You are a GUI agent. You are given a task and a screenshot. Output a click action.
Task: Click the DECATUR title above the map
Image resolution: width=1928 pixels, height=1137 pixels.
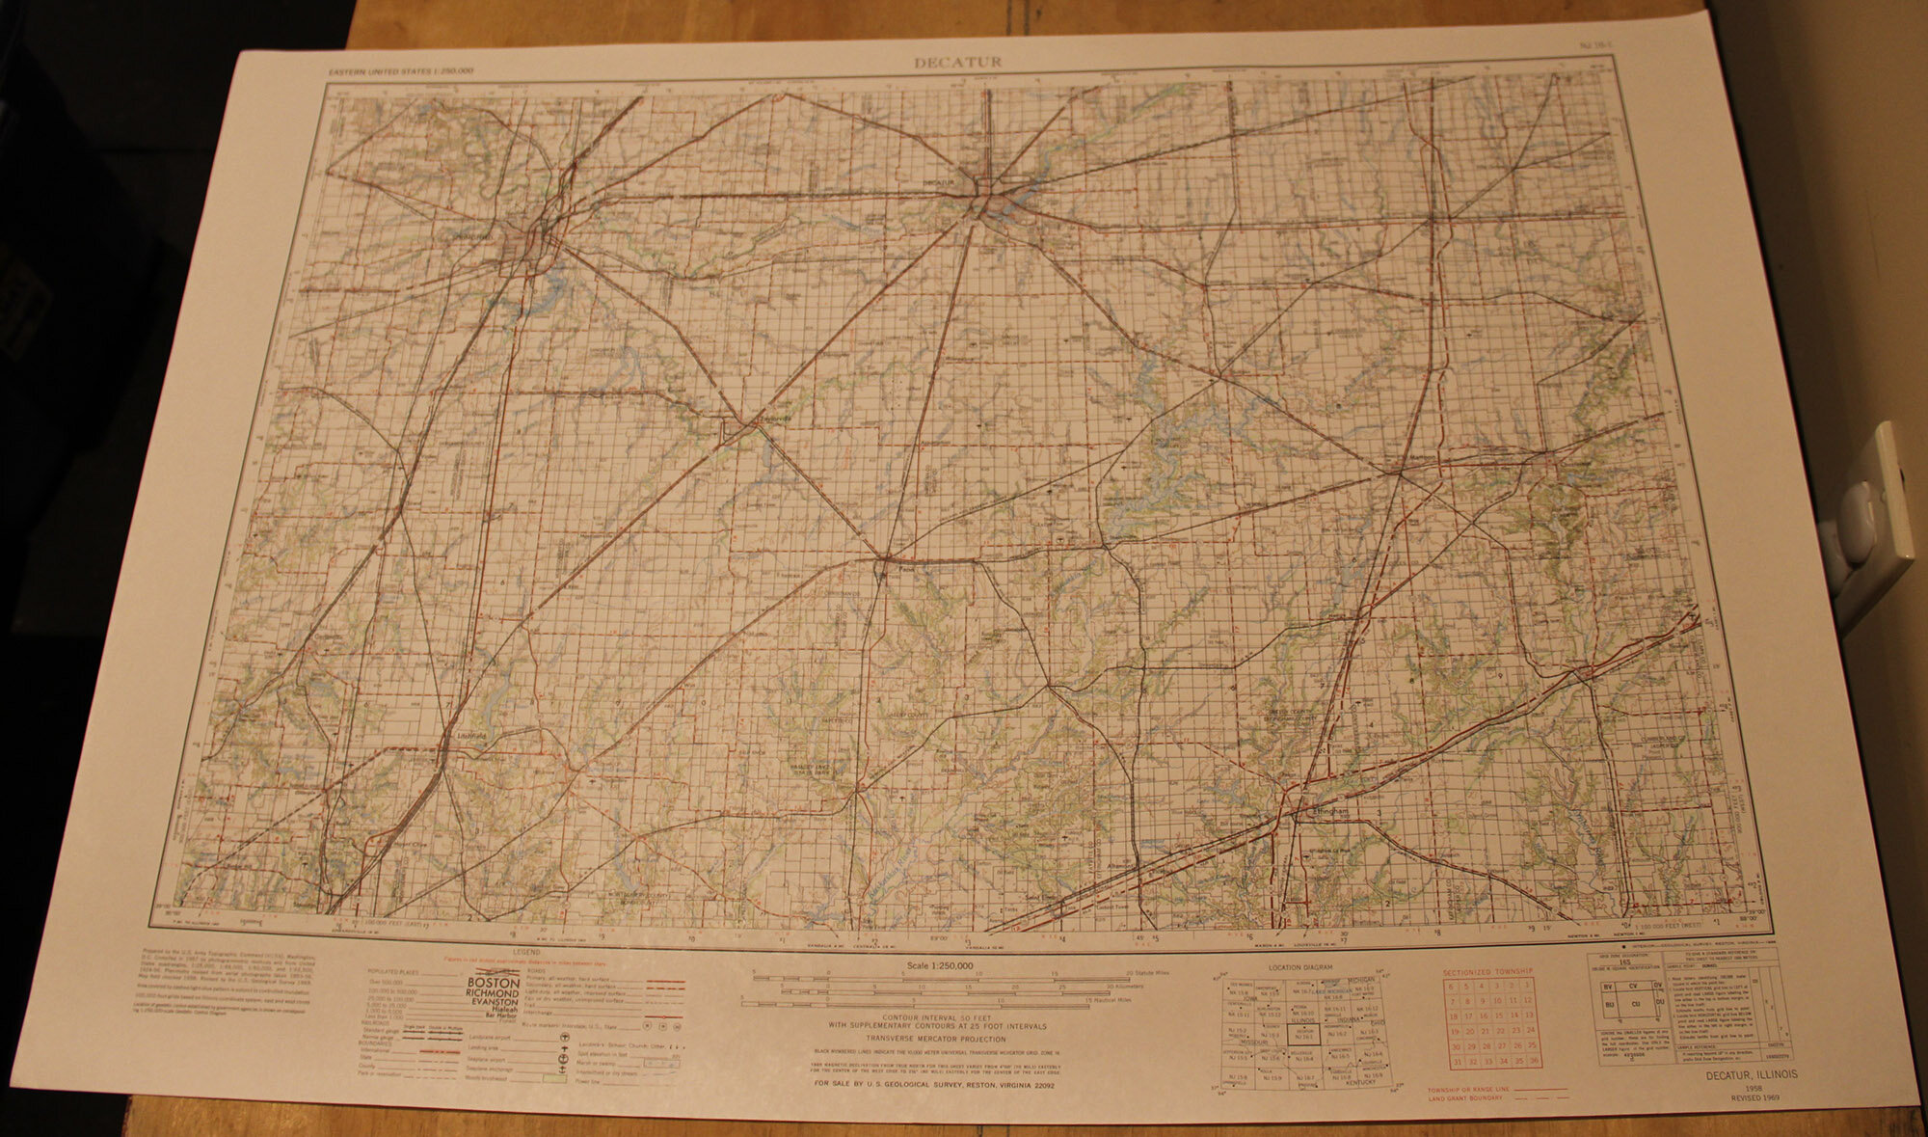tap(958, 63)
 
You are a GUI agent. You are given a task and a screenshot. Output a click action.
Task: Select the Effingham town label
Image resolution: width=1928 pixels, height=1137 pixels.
tap(1325, 812)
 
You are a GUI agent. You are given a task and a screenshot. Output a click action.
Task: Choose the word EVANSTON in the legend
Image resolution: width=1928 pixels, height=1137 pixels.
tap(494, 1002)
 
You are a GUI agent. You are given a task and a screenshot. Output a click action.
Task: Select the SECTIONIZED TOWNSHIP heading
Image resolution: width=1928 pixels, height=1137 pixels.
tap(1487, 972)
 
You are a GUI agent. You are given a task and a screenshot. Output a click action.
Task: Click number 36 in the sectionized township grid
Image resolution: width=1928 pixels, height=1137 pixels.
tap(1533, 1062)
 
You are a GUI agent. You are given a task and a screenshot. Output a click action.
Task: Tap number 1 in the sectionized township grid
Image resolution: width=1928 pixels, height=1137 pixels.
tap(1528, 986)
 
